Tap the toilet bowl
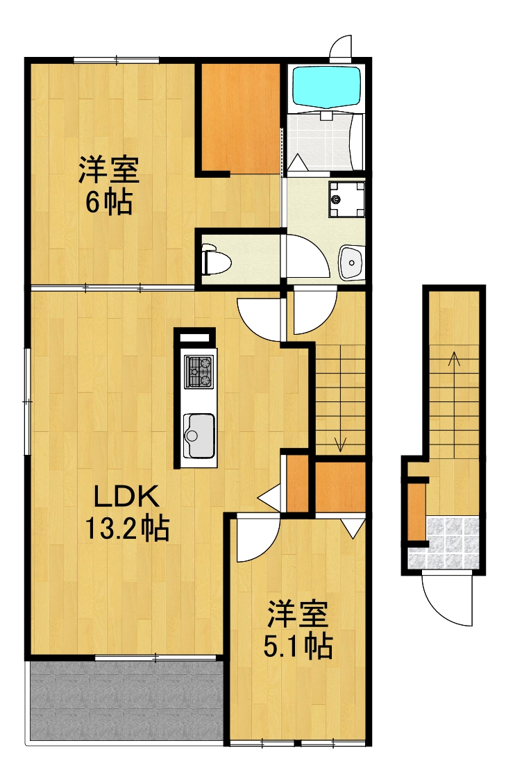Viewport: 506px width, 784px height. click(216, 262)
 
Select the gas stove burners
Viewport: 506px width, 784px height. click(199, 371)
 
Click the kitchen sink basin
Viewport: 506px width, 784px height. click(199, 435)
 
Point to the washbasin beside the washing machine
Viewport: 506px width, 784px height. click(351, 262)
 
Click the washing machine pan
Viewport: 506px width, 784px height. click(345, 199)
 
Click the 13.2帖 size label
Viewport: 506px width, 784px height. click(127, 530)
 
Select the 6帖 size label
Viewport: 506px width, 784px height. click(109, 202)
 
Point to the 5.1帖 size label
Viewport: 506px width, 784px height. click(298, 647)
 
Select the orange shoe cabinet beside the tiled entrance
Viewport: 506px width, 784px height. click(416, 510)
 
